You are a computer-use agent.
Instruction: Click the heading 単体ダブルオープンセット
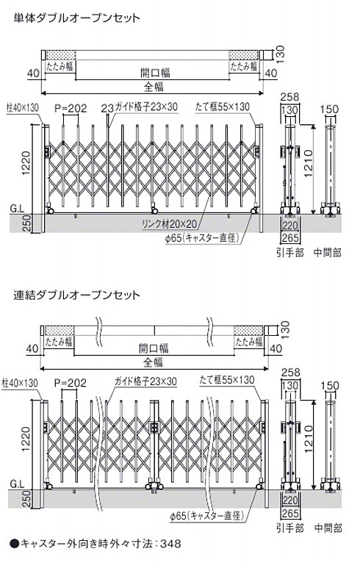[76, 18]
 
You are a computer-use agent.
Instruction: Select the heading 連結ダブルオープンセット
[76, 295]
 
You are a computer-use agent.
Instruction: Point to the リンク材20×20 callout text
[170, 224]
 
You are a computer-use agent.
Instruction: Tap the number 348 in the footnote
[170, 544]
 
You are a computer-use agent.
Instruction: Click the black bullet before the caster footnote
[14, 544]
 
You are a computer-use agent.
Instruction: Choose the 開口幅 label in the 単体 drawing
[155, 73]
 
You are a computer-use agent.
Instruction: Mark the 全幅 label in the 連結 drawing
[154, 362]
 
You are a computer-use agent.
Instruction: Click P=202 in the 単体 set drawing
[71, 109]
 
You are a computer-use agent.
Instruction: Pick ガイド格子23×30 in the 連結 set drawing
[145, 381]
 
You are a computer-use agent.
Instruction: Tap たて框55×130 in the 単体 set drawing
[223, 107]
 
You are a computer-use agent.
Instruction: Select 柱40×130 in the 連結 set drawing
[20, 383]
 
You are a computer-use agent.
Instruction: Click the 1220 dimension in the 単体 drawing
[26, 164]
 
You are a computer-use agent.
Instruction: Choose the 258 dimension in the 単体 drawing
[289, 96]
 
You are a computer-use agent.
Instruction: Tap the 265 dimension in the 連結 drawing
[290, 514]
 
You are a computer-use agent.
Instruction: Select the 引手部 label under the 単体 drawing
[289, 253]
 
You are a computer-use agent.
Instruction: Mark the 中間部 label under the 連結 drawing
[328, 528]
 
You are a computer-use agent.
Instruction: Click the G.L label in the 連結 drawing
[17, 484]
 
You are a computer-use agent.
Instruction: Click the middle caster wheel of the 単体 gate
[155, 210]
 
